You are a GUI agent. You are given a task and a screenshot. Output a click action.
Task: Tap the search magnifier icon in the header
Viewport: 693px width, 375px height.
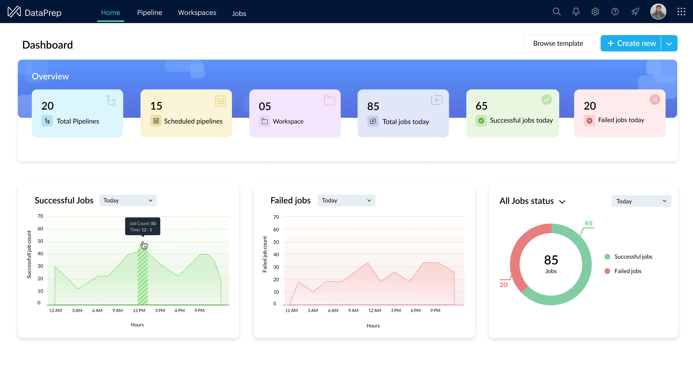click(x=556, y=12)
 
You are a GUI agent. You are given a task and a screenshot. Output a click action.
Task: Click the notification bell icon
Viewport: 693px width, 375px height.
click(x=576, y=12)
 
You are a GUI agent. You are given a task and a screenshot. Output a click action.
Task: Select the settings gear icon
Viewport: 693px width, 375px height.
click(x=595, y=12)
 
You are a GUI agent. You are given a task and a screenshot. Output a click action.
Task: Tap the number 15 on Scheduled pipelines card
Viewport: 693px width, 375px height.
click(x=156, y=106)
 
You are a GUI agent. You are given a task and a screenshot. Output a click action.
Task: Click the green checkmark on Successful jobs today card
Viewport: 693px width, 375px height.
click(x=546, y=100)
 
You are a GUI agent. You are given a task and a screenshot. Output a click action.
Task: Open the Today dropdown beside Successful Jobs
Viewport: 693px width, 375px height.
click(x=128, y=200)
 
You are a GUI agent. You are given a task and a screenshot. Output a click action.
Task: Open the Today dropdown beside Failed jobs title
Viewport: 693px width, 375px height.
click(x=346, y=200)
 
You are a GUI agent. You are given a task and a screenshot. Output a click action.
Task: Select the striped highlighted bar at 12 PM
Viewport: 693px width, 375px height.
click(x=143, y=277)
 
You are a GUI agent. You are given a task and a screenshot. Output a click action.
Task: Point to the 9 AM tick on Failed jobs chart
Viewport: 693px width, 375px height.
click(x=353, y=311)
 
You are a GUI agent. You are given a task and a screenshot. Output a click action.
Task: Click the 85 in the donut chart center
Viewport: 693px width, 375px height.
click(x=551, y=260)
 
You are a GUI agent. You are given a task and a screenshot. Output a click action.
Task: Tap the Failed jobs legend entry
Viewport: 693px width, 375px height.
click(x=627, y=271)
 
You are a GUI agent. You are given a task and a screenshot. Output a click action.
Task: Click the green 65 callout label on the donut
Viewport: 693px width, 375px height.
click(x=588, y=223)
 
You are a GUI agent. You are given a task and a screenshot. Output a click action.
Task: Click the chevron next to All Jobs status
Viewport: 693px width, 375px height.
click(x=562, y=202)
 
